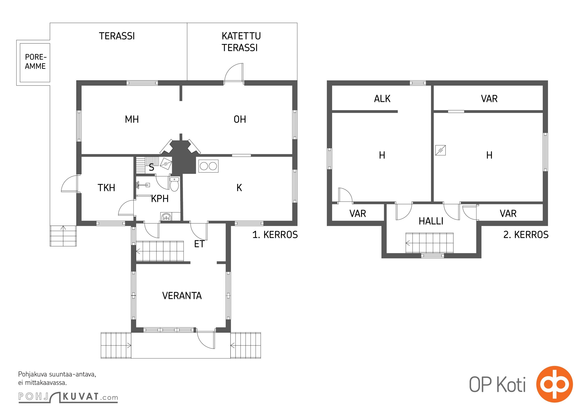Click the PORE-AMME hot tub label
tap(36, 62)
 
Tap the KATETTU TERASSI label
tap(241, 42)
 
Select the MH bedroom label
tap(132, 119)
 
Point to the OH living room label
tap(240, 119)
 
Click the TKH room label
tap(106, 188)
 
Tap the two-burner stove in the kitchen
tap(208, 166)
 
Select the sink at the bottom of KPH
tap(166, 217)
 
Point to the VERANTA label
tap(182, 296)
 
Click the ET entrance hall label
tap(199, 244)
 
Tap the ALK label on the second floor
tap(382, 99)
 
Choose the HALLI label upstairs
tap(431, 221)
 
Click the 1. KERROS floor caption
tap(275, 235)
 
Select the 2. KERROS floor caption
tap(526, 235)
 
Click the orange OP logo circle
tap(554, 384)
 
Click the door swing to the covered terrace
tap(234, 72)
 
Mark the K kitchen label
tap(239, 188)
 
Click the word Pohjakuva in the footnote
tap(33, 374)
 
